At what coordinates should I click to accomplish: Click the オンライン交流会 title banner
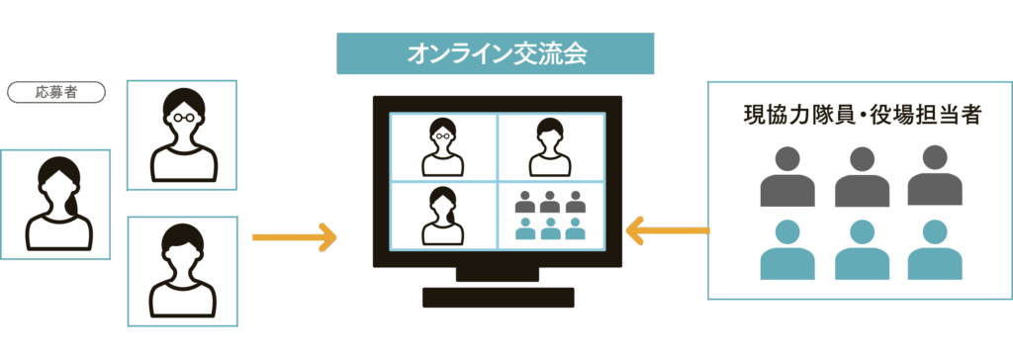point(496,53)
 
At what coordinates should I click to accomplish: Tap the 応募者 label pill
point(56,93)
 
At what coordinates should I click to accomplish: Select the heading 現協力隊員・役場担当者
point(861,116)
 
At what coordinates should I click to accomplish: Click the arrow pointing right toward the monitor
point(295,237)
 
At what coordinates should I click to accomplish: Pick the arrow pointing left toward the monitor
point(668,231)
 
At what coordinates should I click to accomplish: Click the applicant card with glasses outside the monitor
point(181,135)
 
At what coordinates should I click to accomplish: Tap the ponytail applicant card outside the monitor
point(54,205)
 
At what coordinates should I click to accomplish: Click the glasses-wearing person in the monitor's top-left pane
point(442,146)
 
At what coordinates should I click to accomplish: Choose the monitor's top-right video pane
point(549,146)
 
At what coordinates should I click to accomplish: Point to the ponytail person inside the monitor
point(442,215)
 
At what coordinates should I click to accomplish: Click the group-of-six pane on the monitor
point(549,215)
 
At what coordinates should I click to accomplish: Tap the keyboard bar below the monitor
point(498,297)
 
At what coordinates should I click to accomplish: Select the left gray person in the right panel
point(787,178)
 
